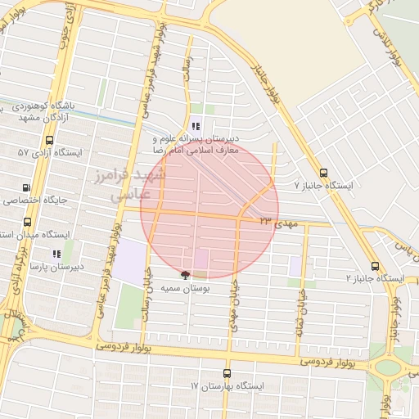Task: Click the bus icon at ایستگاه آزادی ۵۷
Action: (x=22, y=152)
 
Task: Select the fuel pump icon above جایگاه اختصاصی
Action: (x=27, y=187)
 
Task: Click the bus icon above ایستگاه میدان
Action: (x=27, y=222)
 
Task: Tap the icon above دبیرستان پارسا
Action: (x=56, y=255)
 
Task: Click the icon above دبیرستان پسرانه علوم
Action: (x=195, y=126)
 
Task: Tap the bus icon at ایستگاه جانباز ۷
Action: (x=324, y=173)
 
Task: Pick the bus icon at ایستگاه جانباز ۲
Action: (x=375, y=266)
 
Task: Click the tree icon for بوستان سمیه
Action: (x=185, y=276)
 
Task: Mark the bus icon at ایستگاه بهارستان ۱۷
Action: (x=228, y=373)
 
